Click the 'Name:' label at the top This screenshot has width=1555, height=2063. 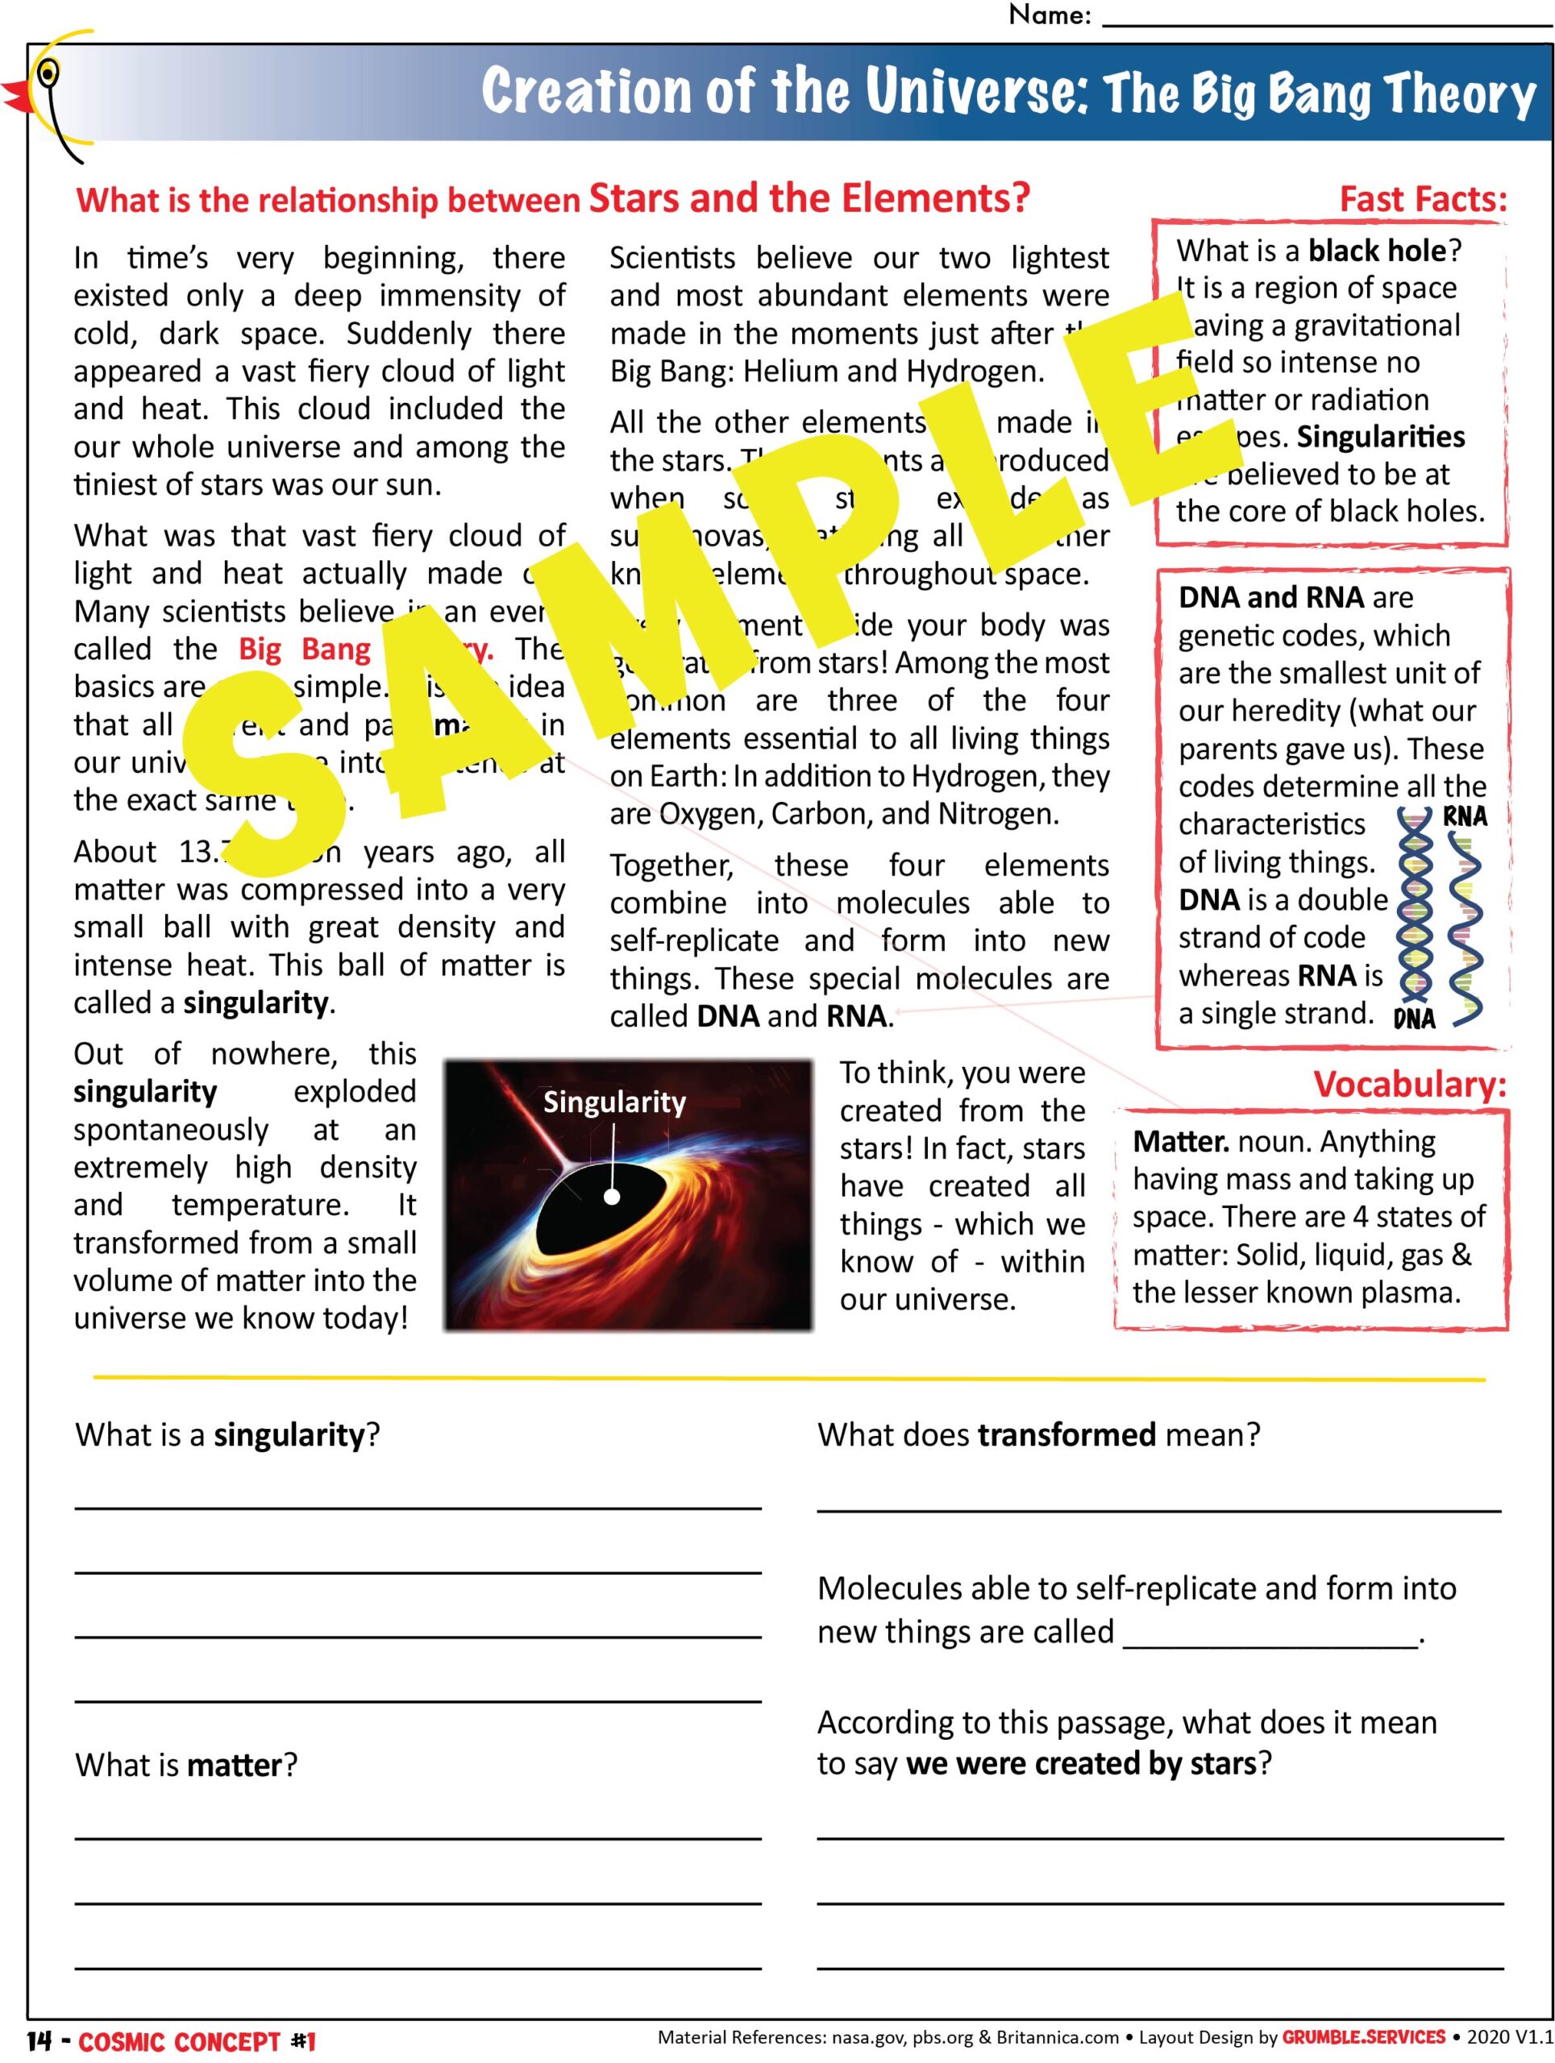point(1049,15)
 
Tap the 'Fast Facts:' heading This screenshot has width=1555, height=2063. point(1422,199)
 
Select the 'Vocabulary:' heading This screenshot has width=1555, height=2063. point(1408,1084)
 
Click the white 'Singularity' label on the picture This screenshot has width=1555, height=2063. point(613,1102)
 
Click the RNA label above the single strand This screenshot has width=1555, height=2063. point(1465,817)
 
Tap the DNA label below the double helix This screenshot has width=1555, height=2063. point(1413,1019)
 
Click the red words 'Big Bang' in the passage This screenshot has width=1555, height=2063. point(304,649)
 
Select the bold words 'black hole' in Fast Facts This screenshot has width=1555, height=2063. point(1377,251)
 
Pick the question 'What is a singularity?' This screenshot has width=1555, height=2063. point(227,1434)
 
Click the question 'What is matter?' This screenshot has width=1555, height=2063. point(185,1765)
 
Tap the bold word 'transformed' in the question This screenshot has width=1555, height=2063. point(1066,1434)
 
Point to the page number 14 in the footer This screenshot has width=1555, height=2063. point(38,2040)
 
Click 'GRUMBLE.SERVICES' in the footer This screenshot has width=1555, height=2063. point(1363,2037)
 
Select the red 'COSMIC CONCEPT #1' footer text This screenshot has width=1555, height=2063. point(197,2040)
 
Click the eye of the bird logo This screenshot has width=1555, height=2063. point(48,72)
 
